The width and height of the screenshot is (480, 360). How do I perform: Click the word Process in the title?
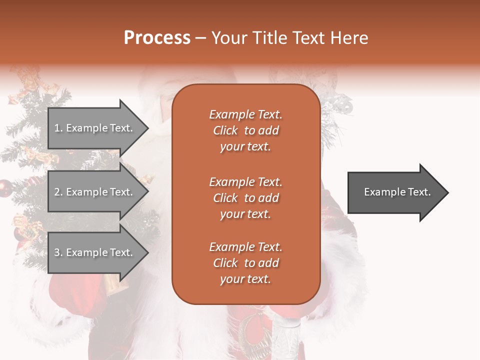click(157, 38)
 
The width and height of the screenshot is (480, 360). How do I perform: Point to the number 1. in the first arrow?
click(58, 128)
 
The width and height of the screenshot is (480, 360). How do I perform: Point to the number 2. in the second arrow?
click(58, 192)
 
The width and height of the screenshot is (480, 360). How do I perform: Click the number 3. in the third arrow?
click(58, 252)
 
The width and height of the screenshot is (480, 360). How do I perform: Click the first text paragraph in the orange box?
click(245, 130)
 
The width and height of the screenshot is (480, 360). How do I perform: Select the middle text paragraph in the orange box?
click(245, 198)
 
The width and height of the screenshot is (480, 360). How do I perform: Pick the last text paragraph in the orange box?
click(245, 263)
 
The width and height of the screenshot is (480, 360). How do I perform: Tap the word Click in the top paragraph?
click(225, 130)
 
